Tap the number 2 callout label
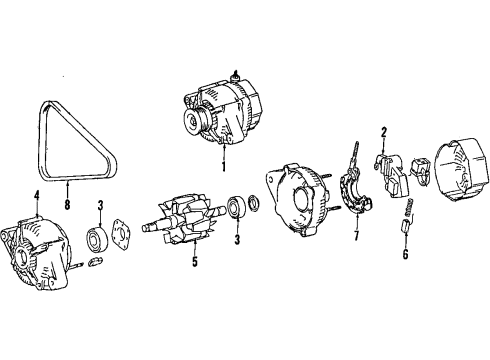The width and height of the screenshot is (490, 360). tap(383, 132)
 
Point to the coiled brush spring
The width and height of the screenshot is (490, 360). tap(408, 211)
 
